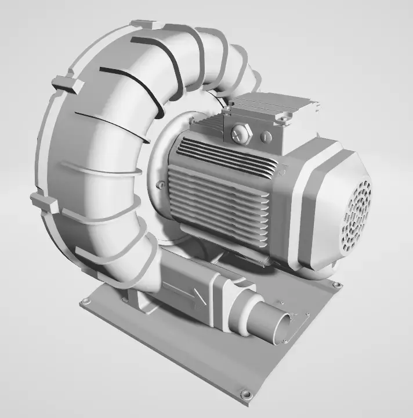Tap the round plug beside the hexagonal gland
click(266, 137)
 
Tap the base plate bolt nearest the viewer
click(247, 395)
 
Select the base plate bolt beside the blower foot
click(86, 302)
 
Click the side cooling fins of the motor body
click(220, 203)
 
